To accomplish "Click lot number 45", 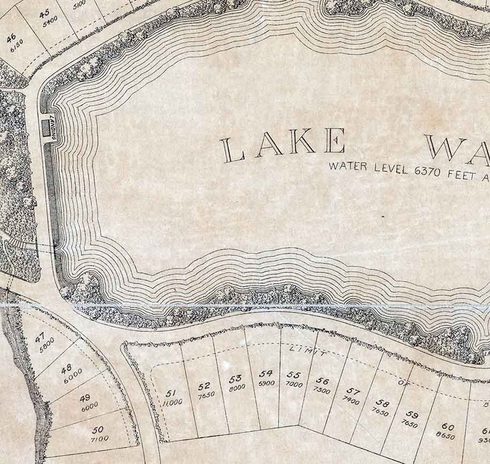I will (x=44, y=14).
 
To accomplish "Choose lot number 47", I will (x=40, y=338).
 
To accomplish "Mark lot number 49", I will (x=85, y=398).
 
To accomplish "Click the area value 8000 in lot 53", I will (x=236, y=387).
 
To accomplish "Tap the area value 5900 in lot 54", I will (x=266, y=383).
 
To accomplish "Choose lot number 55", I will (x=293, y=375).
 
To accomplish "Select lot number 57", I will (x=352, y=391).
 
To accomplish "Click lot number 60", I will (x=447, y=426).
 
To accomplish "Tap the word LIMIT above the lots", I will (x=306, y=351).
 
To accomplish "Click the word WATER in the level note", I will (x=347, y=166).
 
